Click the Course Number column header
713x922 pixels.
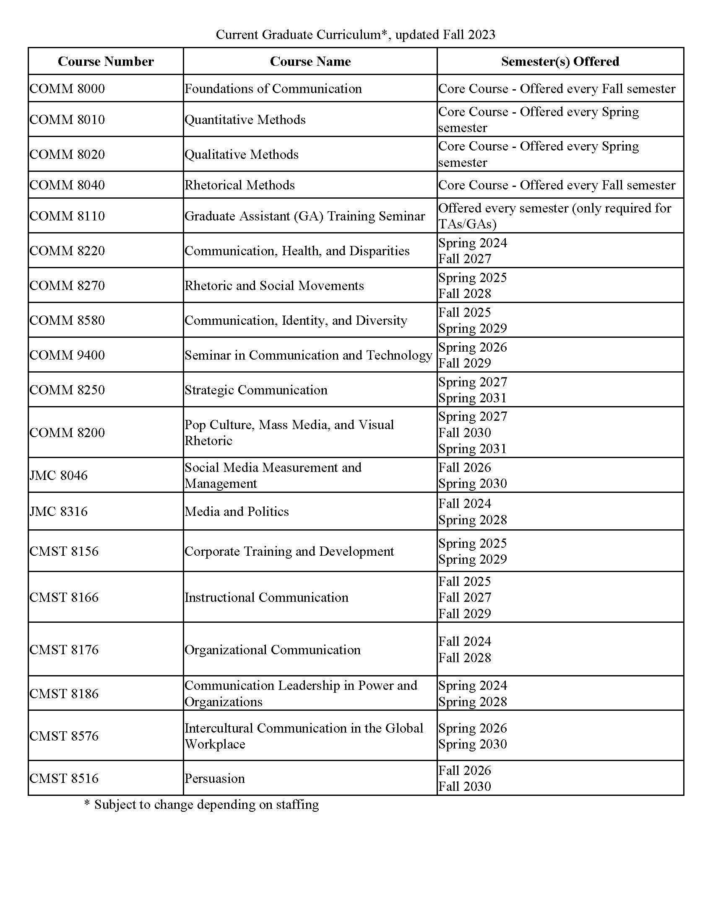(x=106, y=62)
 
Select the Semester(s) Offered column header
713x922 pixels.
(x=559, y=62)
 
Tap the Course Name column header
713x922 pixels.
(x=310, y=62)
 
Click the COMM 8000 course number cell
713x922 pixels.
(x=67, y=89)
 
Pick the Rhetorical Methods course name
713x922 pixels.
(x=239, y=185)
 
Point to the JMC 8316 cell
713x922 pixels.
(x=59, y=511)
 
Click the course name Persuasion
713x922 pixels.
(x=215, y=778)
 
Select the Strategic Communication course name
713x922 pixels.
(x=256, y=390)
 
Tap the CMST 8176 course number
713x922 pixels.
(x=64, y=649)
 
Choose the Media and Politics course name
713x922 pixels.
(x=237, y=511)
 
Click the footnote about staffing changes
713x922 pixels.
(x=201, y=805)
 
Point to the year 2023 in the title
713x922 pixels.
(x=481, y=35)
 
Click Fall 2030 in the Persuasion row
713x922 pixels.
(x=465, y=786)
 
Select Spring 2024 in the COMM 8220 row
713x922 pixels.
(x=473, y=243)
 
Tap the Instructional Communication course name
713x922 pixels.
(x=266, y=597)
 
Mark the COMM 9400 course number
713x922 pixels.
(x=67, y=355)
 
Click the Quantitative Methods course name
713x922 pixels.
(x=245, y=119)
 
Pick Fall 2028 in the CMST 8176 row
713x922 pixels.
(x=465, y=657)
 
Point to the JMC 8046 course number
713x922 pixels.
(x=59, y=475)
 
